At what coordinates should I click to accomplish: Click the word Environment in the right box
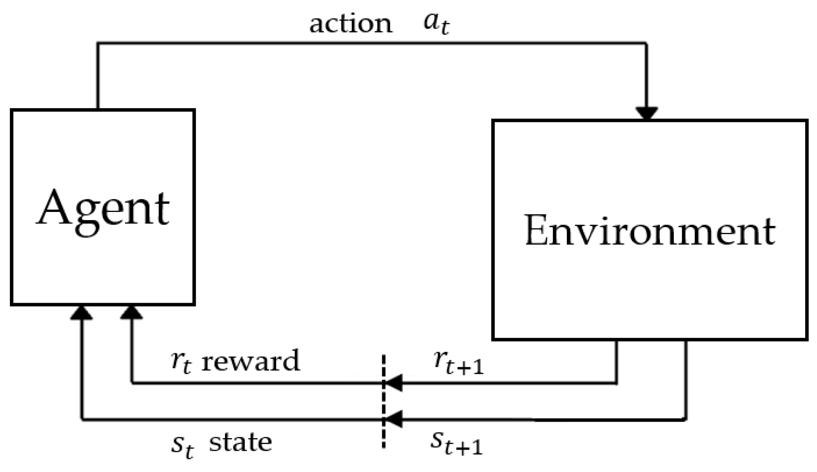(x=649, y=231)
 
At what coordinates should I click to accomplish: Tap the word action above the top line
(x=351, y=25)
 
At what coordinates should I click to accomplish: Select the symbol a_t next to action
(x=436, y=24)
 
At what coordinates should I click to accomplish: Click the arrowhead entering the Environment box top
(x=646, y=114)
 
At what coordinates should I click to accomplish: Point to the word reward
(x=251, y=361)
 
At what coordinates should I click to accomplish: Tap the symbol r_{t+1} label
(x=458, y=363)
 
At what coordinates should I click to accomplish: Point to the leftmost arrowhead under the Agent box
(x=82, y=313)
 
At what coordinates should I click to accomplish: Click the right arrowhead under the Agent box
(x=131, y=313)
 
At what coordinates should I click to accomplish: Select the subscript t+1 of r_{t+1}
(x=464, y=367)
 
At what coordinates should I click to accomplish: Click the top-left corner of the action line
(x=98, y=44)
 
